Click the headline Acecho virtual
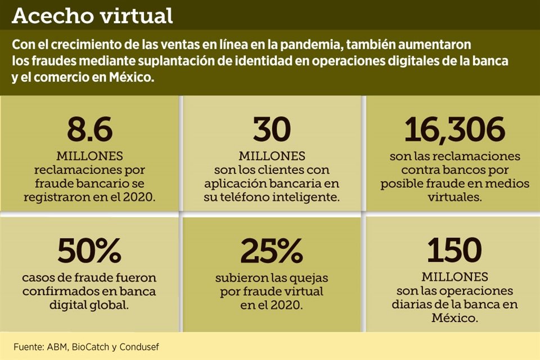tap(92, 16)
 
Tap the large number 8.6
tap(89, 130)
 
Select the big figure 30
tap(272, 130)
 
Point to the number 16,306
tap(454, 130)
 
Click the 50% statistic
tap(90, 251)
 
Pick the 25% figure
tap(272, 251)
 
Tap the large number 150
tap(454, 251)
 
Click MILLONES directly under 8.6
tap(89, 156)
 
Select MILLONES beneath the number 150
tap(454, 277)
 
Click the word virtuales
tap(454, 197)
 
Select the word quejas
tap(307, 278)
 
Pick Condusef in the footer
tap(139, 347)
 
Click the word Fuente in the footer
tap(29, 347)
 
